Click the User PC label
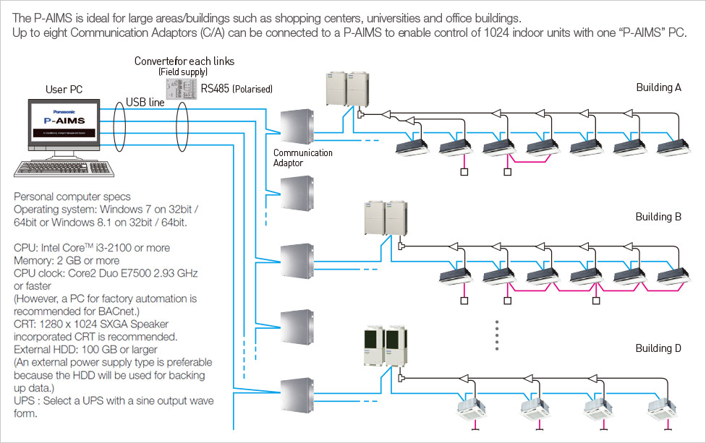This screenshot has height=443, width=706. pos(64,90)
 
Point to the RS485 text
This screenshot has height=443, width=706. pos(218,88)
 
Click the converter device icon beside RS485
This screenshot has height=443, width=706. pos(180,85)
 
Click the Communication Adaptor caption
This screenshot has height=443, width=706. pos(303,158)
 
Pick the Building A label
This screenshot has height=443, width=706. pos(658,87)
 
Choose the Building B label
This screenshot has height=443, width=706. pos(658,217)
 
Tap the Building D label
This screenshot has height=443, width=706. pos(658,348)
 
